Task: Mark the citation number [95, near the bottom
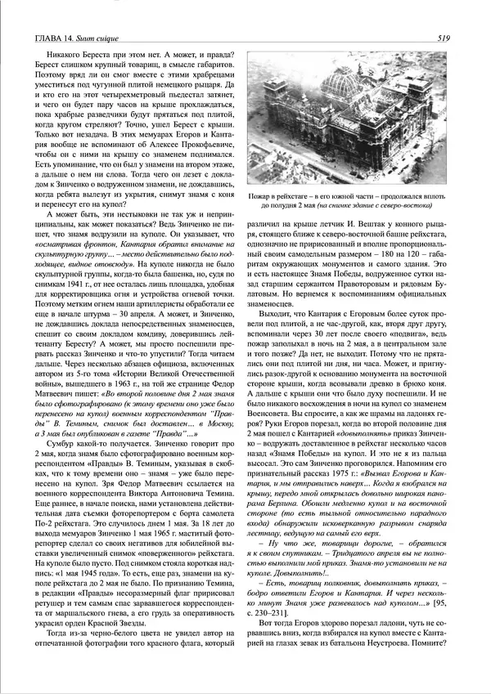(x=433, y=618)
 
